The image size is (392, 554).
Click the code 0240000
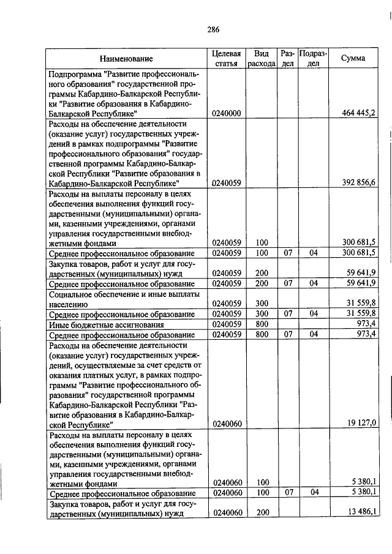click(x=227, y=113)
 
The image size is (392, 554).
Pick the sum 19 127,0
click(x=362, y=423)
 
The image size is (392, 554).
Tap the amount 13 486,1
click(x=361, y=512)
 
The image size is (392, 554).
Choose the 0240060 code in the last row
click(x=227, y=512)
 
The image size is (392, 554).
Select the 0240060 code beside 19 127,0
click(x=227, y=424)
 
